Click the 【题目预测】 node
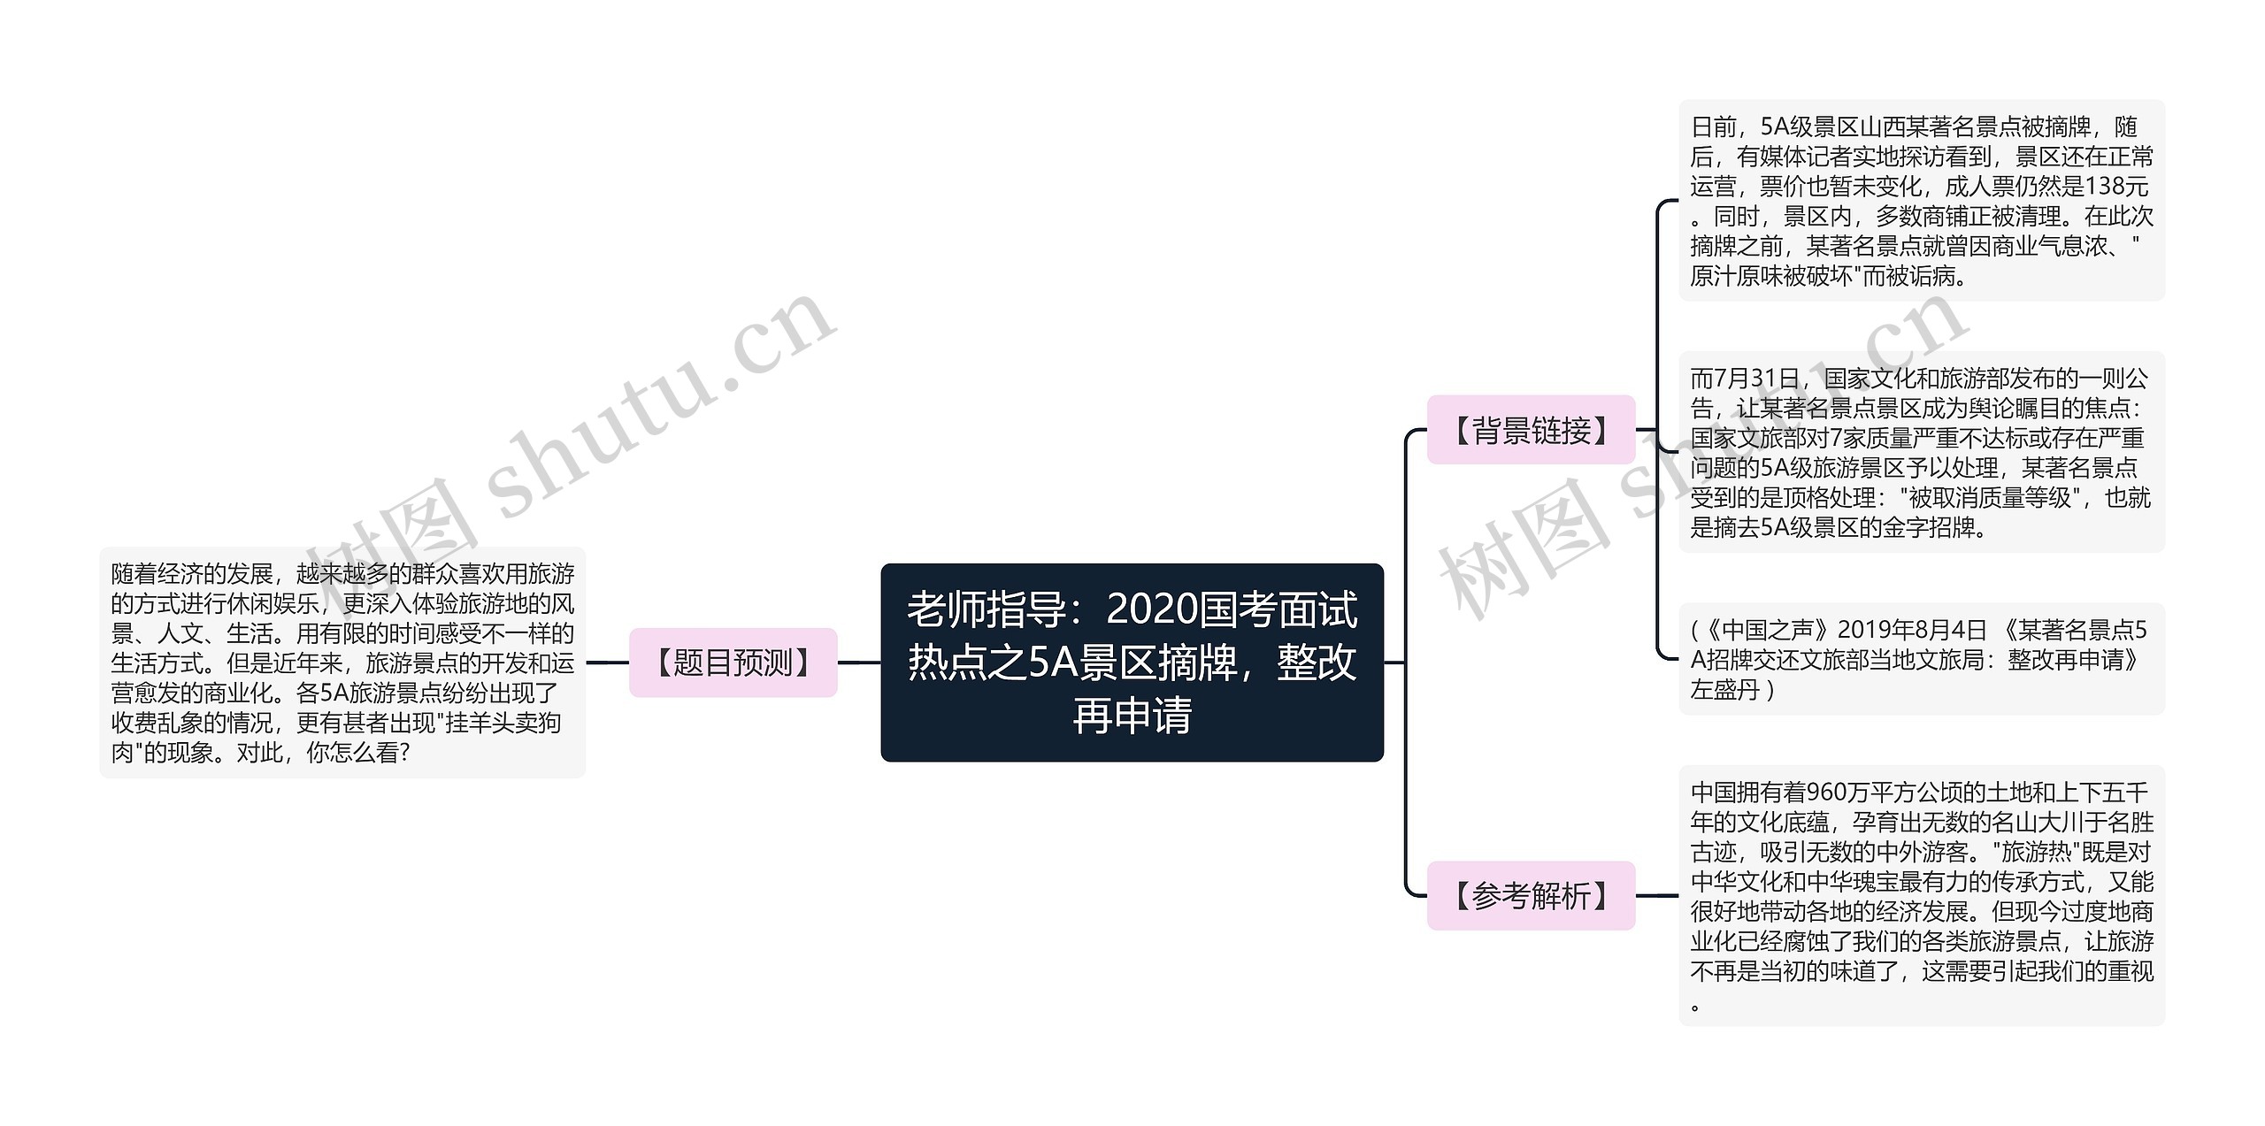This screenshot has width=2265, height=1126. click(733, 663)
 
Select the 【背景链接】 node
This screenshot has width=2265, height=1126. click(1531, 430)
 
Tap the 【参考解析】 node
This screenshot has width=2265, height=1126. click(1531, 896)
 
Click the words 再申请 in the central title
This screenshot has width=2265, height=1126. click(1132, 716)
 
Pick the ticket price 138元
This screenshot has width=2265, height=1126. click(2116, 187)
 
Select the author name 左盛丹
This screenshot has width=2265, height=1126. click(1725, 690)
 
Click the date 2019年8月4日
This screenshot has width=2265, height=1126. click(1913, 631)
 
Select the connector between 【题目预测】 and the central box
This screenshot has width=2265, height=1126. click(859, 663)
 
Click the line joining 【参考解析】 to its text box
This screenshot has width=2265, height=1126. click(1657, 896)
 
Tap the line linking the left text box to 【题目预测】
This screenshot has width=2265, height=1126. click(607, 663)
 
